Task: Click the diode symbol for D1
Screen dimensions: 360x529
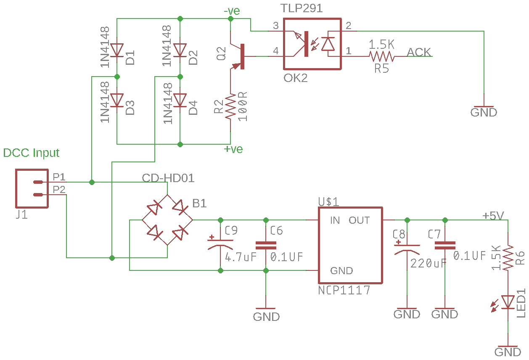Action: pyautogui.click(x=117, y=50)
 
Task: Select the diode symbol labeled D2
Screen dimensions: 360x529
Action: pyautogui.click(x=180, y=50)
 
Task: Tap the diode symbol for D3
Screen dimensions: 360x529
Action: pyautogui.click(x=117, y=101)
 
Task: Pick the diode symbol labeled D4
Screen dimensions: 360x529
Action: pyautogui.click(x=180, y=101)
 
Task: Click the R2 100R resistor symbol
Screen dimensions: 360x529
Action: pyautogui.click(x=230, y=106)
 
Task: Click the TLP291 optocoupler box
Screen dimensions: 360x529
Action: pyautogui.click(x=312, y=44)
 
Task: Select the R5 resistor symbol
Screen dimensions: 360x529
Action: pyautogui.click(x=381, y=56)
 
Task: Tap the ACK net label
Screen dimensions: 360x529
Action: pyautogui.click(x=419, y=52)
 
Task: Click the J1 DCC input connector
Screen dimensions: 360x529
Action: pyautogui.click(x=32, y=188)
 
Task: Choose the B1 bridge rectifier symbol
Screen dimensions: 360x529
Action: pyautogui.click(x=167, y=220)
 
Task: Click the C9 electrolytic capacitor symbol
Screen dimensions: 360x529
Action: pyautogui.click(x=220, y=245)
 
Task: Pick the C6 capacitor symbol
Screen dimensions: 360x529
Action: pyautogui.click(x=266, y=245)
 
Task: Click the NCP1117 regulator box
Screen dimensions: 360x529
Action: pyautogui.click(x=350, y=245)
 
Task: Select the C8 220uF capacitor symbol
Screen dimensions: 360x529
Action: pyautogui.click(x=407, y=248)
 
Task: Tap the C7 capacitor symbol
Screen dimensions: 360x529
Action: pyautogui.click(x=445, y=245)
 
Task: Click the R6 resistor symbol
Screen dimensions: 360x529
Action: pyautogui.click(x=508, y=258)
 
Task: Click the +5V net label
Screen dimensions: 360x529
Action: pyautogui.click(x=493, y=216)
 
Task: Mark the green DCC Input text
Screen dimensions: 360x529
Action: pyautogui.click(x=32, y=153)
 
